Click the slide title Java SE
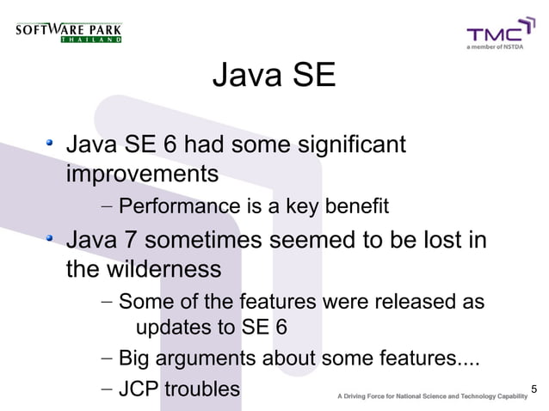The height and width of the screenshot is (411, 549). click(x=274, y=77)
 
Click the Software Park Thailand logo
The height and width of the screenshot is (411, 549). click(x=69, y=34)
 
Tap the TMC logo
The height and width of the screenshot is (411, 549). click(x=494, y=35)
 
